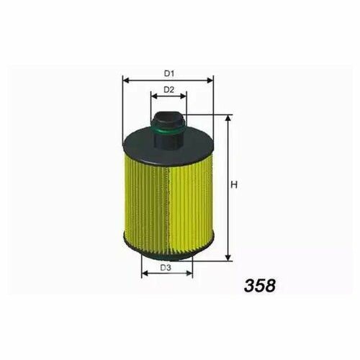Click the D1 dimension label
pyautogui.click(x=168, y=73)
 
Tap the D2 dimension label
pyautogui.click(x=168, y=90)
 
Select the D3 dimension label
pyautogui.click(x=166, y=267)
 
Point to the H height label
pyautogui.click(x=234, y=185)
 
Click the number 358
pyautogui.click(x=260, y=286)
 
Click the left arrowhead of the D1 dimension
pyautogui.click(x=126, y=80)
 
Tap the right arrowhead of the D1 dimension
pyautogui.click(x=210, y=80)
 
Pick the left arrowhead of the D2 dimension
pyautogui.click(x=154, y=96)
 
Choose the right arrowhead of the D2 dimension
pyautogui.click(x=183, y=96)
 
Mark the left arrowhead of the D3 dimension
pyautogui.click(x=145, y=273)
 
